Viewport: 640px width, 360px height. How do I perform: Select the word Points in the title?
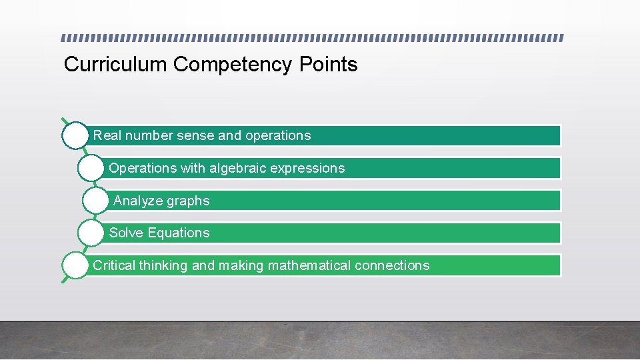pos(329,65)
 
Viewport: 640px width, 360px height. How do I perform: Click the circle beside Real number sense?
pos(75,135)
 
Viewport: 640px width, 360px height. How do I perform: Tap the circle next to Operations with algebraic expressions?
pos(91,168)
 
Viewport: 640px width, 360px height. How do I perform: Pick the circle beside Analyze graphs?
pos(97,201)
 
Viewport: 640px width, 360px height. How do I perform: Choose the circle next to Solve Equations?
pos(91,233)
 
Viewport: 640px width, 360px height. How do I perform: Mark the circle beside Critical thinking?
pos(75,265)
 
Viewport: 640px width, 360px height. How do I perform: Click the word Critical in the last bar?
pos(114,265)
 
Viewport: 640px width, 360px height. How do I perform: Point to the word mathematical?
pos(309,265)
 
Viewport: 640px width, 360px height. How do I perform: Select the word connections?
pos(392,265)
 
